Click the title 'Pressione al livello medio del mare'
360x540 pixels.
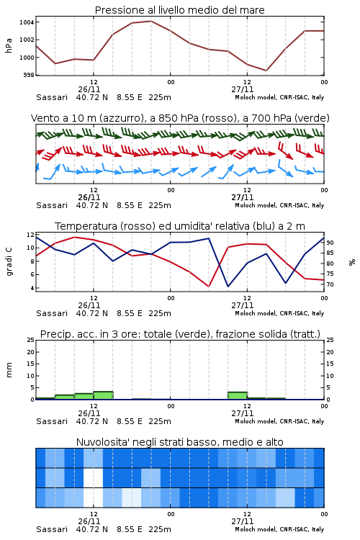click(179, 10)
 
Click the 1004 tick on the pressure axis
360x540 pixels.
click(27, 22)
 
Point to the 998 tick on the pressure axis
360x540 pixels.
click(29, 75)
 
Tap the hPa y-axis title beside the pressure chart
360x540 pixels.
click(9, 45)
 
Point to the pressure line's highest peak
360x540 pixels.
click(151, 21)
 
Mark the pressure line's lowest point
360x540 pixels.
click(266, 71)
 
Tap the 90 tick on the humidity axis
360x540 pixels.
click(330, 243)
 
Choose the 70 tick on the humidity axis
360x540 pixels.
click(330, 284)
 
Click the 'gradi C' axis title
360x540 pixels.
click(9, 262)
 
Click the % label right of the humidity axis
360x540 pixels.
click(352, 262)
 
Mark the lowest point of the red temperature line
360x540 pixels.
click(208, 286)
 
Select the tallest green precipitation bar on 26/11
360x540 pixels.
click(104, 395)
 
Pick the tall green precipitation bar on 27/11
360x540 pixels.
click(238, 396)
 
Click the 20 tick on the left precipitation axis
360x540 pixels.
click(31, 352)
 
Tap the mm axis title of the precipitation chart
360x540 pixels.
click(9, 370)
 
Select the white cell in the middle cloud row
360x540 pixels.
click(94, 477)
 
